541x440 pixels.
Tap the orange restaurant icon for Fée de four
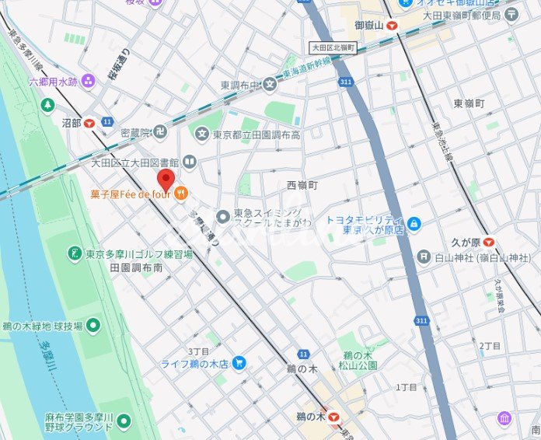click(x=180, y=194)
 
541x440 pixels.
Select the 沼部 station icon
click(x=89, y=123)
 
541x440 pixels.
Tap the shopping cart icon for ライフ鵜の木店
click(x=239, y=362)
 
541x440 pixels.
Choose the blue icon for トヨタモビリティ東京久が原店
click(x=414, y=225)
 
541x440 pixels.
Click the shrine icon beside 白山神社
click(x=423, y=257)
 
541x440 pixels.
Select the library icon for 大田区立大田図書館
click(x=189, y=162)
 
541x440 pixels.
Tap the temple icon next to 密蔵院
click(x=160, y=131)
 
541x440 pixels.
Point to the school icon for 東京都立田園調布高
click(x=202, y=134)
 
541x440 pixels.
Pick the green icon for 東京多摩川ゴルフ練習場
click(x=74, y=253)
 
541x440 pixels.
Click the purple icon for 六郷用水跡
click(x=87, y=80)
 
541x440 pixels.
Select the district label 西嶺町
click(x=302, y=185)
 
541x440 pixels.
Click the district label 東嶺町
click(x=469, y=103)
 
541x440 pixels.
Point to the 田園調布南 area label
click(x=136, y=267)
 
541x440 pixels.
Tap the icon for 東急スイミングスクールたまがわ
click(x=223, y=215)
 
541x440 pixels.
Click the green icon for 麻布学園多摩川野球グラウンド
click(x=124, y=422)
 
